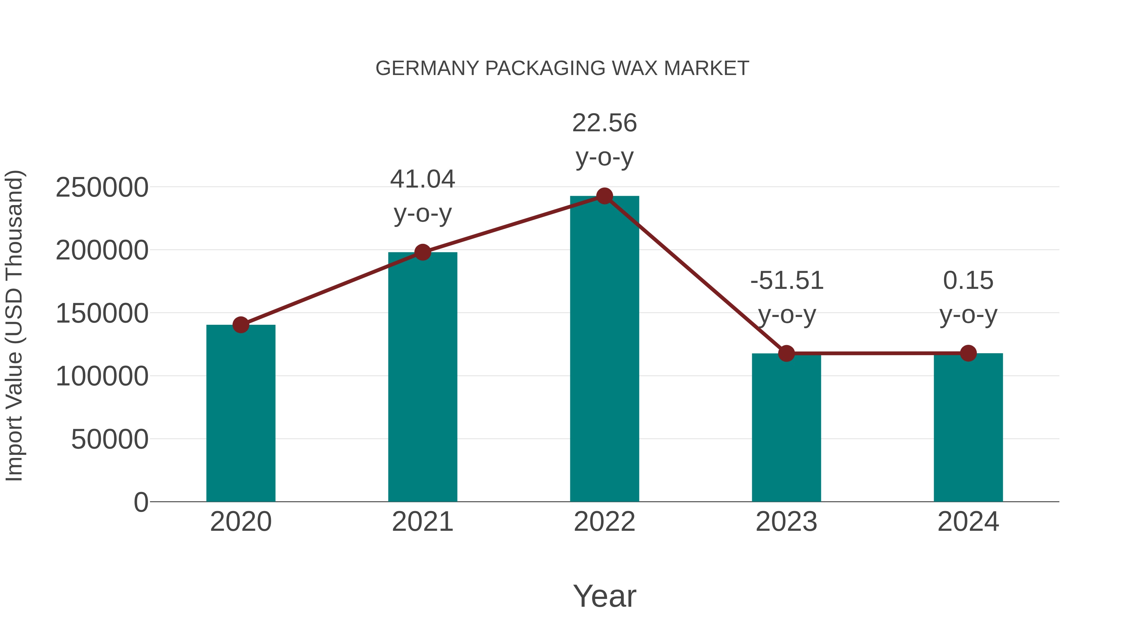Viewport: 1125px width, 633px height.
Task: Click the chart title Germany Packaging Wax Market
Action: (x=562, y=68)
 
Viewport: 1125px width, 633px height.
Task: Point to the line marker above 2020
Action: (x=241, y=324)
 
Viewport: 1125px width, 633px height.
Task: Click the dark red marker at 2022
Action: (x=604, y=196)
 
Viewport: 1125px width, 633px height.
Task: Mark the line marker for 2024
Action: (x=968, y=353)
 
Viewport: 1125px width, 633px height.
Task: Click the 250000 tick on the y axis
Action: (x=102, y=188)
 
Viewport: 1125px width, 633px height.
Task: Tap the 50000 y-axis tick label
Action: (x=110, y=439)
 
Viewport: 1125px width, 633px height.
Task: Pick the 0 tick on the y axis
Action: (x=141, y=502)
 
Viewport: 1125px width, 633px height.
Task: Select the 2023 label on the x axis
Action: (x=786, y=522)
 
